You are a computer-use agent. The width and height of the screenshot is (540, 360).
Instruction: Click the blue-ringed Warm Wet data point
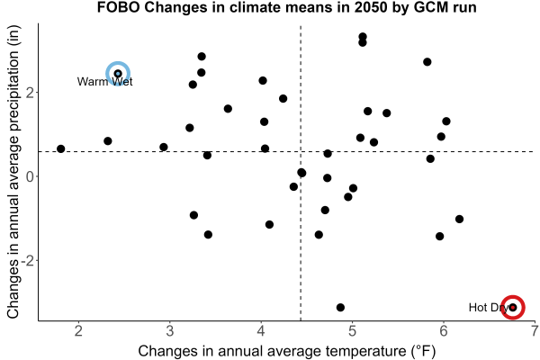(118, 74)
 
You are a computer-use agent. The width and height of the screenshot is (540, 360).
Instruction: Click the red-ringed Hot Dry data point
(513, 307)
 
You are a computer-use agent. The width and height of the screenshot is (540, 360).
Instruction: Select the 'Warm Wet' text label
(104, 82)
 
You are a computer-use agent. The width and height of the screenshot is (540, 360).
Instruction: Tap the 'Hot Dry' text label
(489, 307)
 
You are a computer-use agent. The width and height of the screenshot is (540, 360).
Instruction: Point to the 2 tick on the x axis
(79, 331)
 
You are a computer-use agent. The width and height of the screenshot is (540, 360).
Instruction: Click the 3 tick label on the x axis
(170, 331)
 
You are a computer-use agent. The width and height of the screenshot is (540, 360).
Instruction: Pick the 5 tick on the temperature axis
(352, 331)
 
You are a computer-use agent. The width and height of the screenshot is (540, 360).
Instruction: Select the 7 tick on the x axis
(535, 331)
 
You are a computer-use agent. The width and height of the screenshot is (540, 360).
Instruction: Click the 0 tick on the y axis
(31, 176)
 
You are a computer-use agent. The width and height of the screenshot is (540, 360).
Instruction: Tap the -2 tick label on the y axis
(28, 260)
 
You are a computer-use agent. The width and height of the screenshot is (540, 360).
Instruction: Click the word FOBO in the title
(118, 7)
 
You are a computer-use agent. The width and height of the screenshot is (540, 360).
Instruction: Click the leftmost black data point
(61, 148)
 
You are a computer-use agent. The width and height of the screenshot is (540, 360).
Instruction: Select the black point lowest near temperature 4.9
(340, 307)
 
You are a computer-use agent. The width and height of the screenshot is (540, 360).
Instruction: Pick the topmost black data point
(363, 37)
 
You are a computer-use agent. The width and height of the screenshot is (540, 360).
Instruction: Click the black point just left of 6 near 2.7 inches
(427, 62)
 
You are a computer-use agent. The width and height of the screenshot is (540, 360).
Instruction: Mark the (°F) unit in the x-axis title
(424, 351)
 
